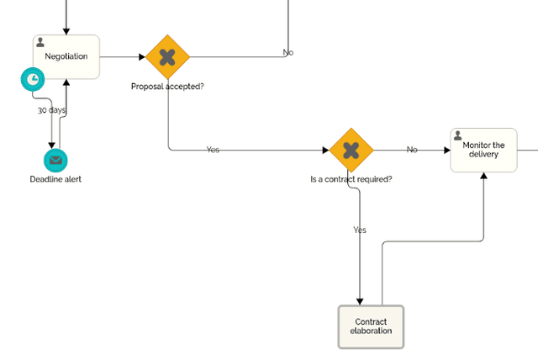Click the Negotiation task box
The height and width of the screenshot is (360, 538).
66,57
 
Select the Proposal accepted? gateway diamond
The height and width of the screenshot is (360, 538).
168,57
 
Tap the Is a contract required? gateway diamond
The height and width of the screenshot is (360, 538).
351,150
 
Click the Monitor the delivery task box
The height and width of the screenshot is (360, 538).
483,150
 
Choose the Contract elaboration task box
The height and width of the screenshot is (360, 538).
371,326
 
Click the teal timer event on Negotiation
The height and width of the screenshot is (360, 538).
32,79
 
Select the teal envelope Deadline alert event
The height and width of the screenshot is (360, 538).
55,160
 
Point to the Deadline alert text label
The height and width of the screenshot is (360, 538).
55,179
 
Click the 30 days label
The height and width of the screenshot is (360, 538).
51,110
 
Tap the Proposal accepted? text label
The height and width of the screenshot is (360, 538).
168,86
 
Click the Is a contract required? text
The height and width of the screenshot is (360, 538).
351,179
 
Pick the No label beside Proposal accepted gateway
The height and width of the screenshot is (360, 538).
287,53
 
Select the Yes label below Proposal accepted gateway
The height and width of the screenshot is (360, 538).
213,149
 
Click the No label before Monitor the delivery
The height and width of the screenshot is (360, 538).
412,149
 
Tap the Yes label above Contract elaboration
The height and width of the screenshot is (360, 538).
360,230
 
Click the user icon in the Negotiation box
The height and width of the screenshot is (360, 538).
40,42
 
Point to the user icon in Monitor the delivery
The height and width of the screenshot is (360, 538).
458,135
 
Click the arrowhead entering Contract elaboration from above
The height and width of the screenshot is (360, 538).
360,301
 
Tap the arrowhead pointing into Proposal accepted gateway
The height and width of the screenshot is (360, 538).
141,57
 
